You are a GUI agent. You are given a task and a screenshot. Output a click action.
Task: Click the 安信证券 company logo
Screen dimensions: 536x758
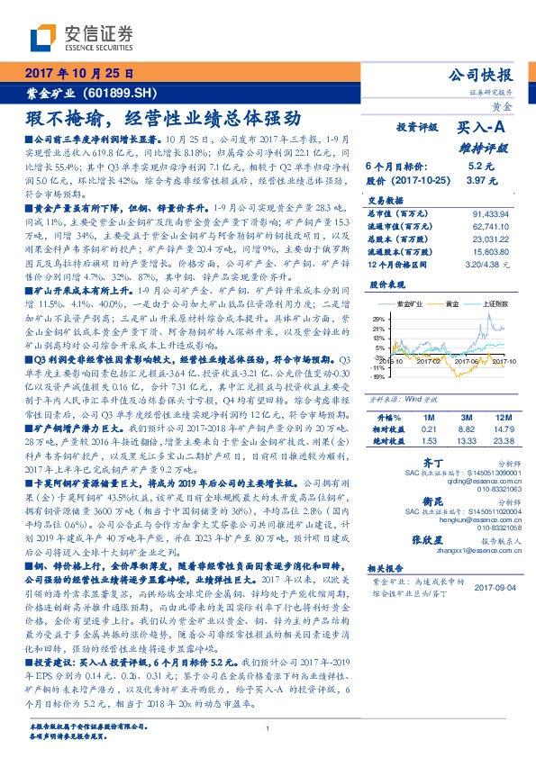click(81, 37)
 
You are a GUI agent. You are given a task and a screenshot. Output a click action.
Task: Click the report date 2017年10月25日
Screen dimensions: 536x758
click(78, 73)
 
